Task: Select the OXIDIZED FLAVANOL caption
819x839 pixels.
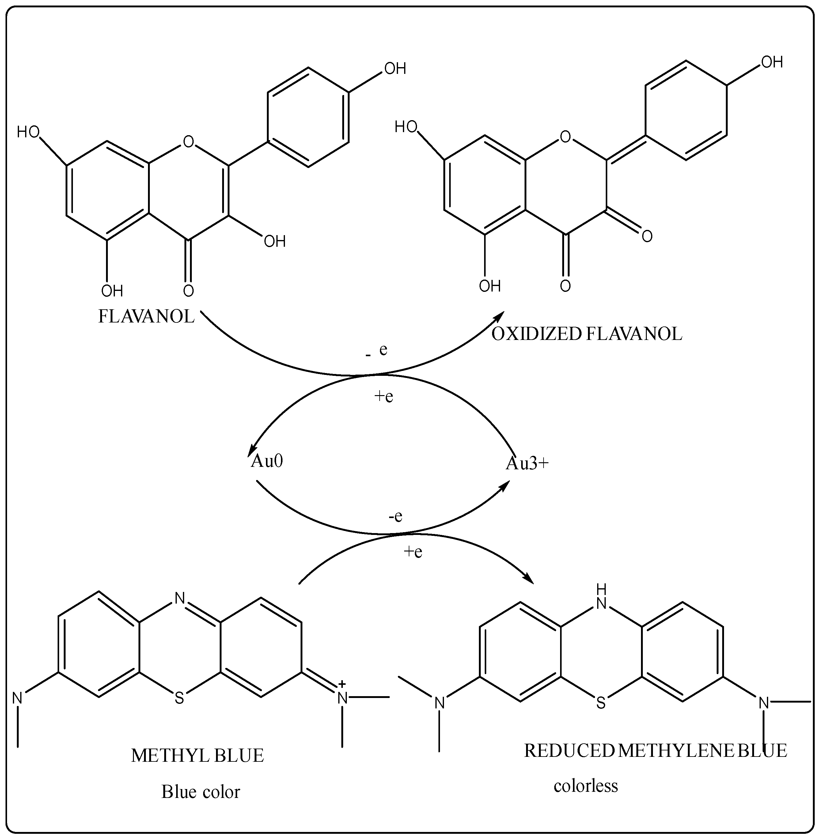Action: [587, 334]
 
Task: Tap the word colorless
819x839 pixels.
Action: [586, 786]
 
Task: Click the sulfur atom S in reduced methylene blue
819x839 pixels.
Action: [601, 703]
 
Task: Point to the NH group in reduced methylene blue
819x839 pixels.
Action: [601, 597]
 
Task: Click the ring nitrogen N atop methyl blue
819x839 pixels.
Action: [179, 598]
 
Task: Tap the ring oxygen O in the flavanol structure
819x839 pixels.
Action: [188, 142]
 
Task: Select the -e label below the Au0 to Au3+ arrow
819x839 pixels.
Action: [395, 516]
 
